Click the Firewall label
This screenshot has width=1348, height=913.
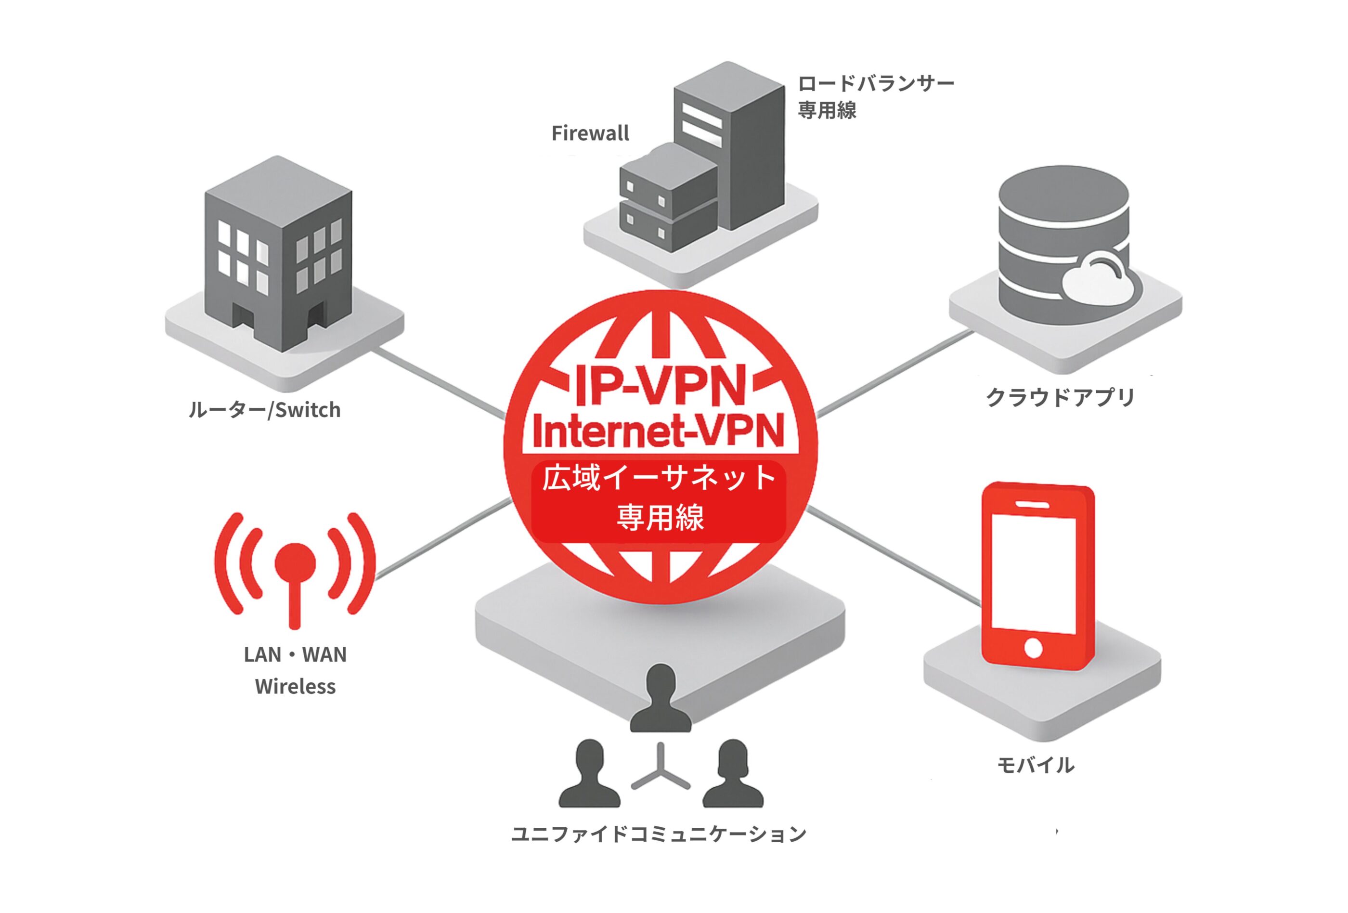(589, 133)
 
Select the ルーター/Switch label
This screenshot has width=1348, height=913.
(264, 410)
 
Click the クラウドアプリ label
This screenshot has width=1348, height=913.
(1060, 397)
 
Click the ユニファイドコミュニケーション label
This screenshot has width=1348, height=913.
(658, 834)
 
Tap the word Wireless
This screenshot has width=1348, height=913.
(295, 687)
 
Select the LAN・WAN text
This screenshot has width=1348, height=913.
(295, 655)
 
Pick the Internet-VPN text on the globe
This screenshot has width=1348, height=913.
(658, 430)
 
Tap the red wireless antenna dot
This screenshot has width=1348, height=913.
(295, 562)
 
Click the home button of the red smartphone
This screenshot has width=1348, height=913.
(1033, 648)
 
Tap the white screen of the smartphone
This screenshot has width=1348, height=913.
(1033, 572)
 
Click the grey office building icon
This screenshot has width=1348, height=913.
(278, 255)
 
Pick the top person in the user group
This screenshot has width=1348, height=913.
(661, 699)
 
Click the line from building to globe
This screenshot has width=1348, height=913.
(438, 383)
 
